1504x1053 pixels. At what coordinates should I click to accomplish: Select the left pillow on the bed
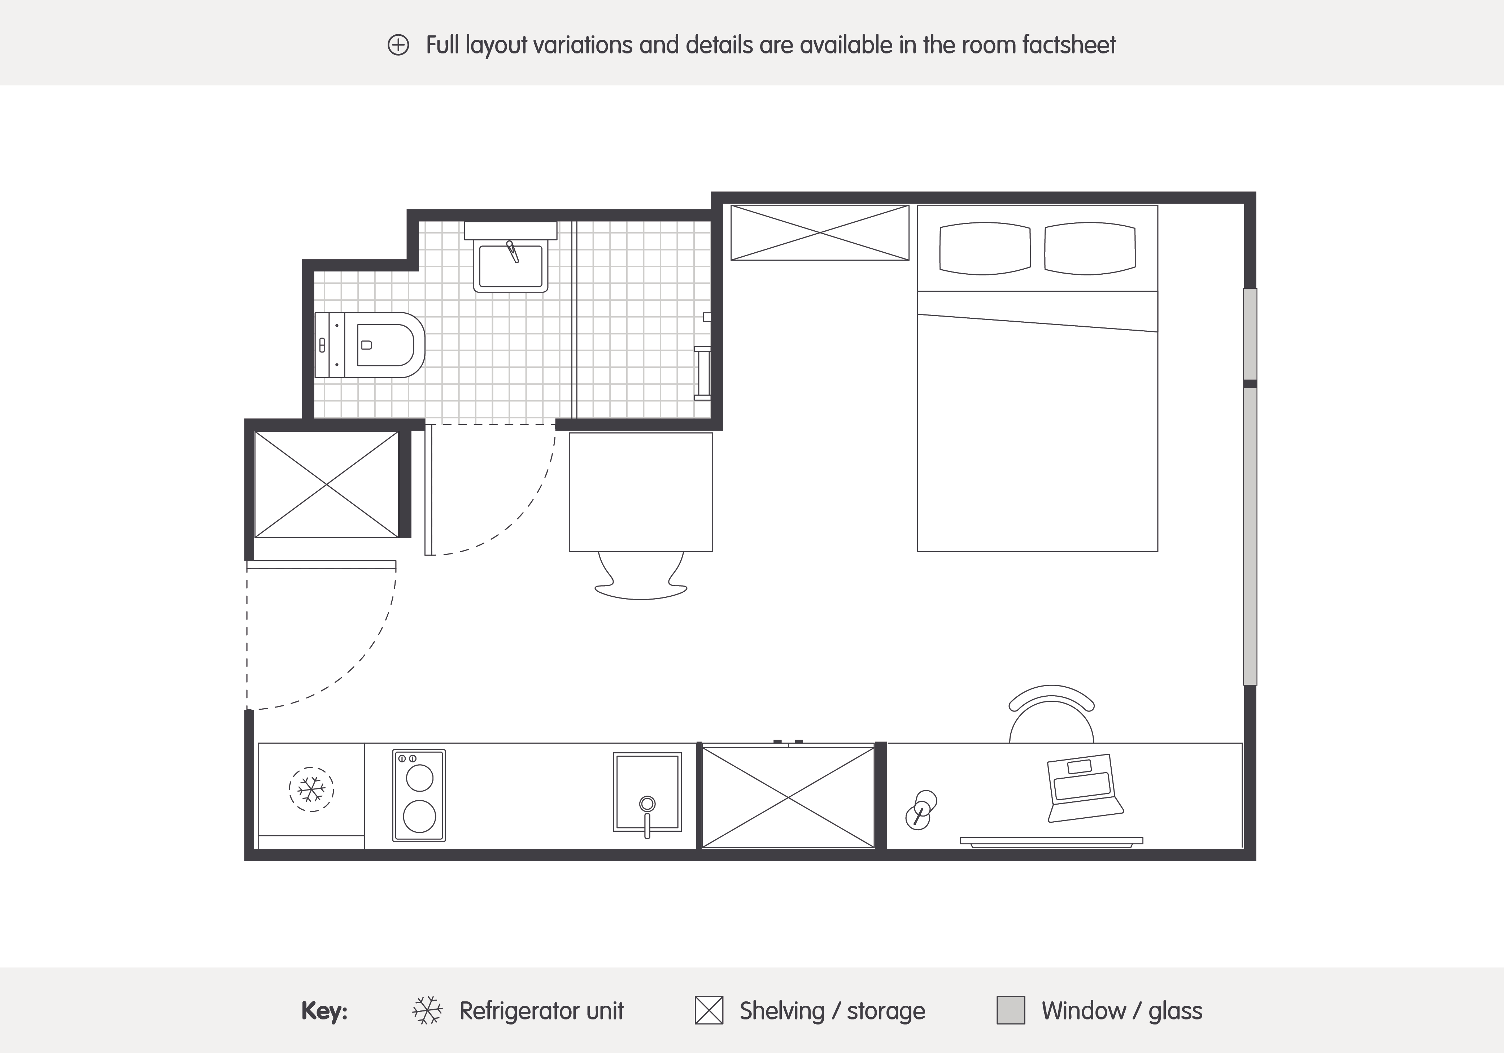pyautogui.click(x=985, y=248)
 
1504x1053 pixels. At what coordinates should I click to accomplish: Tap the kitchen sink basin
pyautogui.click(x=647, y=792)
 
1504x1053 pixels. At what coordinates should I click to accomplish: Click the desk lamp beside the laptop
pyautogui.click(x=921, y=810)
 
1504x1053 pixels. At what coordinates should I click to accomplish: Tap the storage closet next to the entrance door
pyautogui.click(x=326, y=484)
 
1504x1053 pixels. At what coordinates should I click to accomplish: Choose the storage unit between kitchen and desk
pyautogui.click(x=788, y=797)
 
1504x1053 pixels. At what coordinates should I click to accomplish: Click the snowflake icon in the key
pyautogui.click(x=427, y=1010)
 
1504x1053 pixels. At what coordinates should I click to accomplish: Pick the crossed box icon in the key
pyautogui.click(x=709, y=1010)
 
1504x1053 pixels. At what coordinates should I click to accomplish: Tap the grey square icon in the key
pyautogui.click(x=1011, y=1010)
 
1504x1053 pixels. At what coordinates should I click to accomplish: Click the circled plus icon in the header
pyautogui.click(x=398, y=45)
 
